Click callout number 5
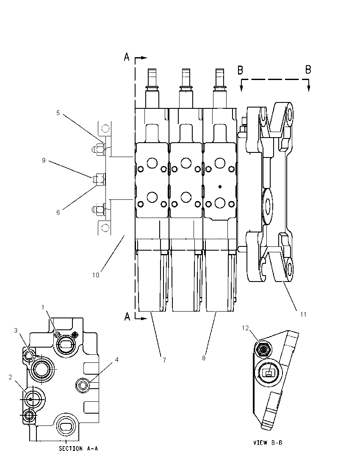pyautogui.click(x=58, y=113)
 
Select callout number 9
pyautogui.click(x=44, y=160)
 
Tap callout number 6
pyautogui.click(x=58, y=212)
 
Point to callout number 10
pyautogui.click(x=96, y=275)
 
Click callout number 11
pyautogui.click(x=303, y=314)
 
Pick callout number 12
pyautogui.click(x=245, y=328)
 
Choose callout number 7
pyautogui.click(x=164, y=360)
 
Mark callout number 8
pyautogui.click(x=204, y=358)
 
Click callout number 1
pyautogui.click(x=43, y=307)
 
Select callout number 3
pyautogui.click(x=16, y=331)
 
